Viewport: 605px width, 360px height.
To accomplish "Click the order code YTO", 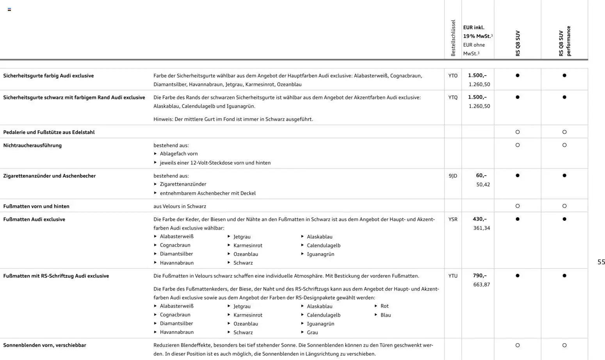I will point(453,76).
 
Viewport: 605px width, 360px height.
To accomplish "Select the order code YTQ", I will point(453,98).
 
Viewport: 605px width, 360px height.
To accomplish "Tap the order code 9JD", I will point(453,176).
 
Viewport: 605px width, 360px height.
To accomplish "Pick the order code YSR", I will point(453,219).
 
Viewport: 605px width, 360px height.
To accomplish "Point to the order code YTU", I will point(453,276).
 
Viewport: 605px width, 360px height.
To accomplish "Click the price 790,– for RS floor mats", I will point(480,275).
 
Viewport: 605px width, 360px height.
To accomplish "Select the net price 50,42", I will point(483,184).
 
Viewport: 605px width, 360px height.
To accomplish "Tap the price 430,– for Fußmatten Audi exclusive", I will point(480,219).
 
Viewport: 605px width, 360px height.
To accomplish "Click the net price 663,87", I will point(481,285).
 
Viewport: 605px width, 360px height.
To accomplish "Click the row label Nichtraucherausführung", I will point(32,145).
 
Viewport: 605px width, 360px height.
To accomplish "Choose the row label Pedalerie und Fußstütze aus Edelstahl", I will point(49,132).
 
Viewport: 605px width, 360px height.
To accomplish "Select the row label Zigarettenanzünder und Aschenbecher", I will point(49,176).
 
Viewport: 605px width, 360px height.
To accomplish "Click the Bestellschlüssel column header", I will point(453,38).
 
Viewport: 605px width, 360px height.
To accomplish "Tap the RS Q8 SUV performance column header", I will point(564,41).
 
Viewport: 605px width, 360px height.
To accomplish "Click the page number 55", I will point(601,262).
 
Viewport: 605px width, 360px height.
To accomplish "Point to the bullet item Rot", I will point(384,306).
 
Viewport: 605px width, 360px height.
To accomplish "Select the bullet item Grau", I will point(312,333).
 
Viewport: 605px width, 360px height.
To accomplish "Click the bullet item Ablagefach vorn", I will point(179,154).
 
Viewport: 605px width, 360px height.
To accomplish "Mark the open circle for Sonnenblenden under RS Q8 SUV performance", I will point(564,345).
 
